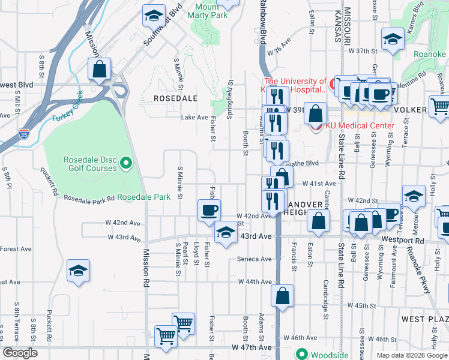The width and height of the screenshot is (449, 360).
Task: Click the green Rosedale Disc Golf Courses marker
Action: pos(126,162)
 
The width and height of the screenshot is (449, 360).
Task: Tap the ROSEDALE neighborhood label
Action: pos(176,98)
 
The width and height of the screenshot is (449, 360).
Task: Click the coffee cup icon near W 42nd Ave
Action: pos(209,210)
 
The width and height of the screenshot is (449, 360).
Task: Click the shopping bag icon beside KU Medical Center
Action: pos(315,112)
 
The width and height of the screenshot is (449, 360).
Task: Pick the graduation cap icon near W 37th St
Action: pos(393,39)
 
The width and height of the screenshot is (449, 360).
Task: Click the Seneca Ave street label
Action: pos(255,259)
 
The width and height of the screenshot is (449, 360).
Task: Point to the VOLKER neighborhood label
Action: pos(411,110)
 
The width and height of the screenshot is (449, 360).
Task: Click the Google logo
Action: pos(20,353)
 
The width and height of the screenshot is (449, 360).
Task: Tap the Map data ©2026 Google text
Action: pos(411,355)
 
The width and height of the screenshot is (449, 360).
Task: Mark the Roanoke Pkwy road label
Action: pos(419,271)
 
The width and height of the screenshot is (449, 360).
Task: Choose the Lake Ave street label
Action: pos(194,118)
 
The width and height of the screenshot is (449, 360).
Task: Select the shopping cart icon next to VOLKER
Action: pos(441,106)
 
